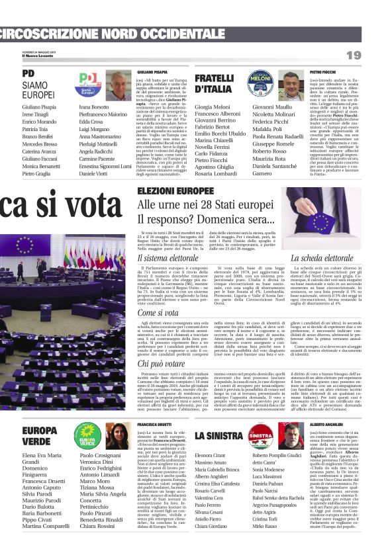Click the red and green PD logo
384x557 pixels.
[89, 84]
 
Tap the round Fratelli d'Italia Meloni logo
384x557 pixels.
[260, 84]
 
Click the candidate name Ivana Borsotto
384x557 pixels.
[94, 107]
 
